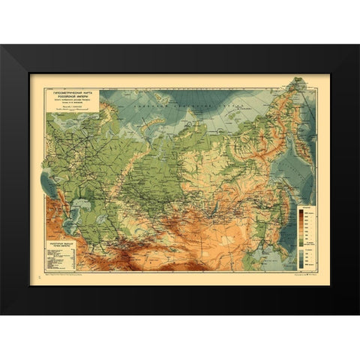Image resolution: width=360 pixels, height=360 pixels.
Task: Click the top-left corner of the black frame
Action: (2, 47)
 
